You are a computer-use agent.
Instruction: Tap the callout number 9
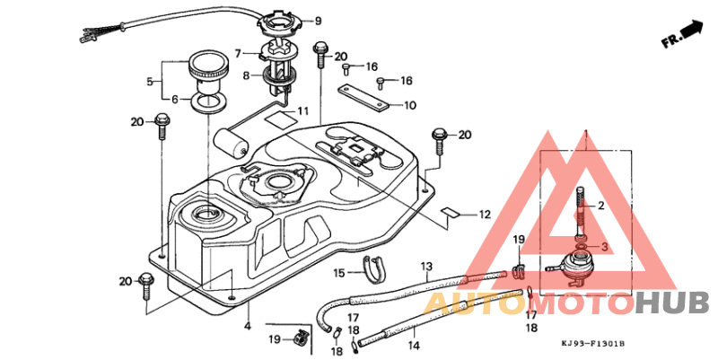click(317, 21)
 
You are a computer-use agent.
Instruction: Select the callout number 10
click(409, 105)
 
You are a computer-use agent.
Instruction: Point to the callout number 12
click(485, 215)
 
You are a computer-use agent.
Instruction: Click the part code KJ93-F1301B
click(593, 344)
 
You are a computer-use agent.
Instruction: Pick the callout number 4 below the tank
click(248, 326)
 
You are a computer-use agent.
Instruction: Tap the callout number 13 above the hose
click(427, 266)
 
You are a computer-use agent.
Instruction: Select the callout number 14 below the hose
click(415, 344)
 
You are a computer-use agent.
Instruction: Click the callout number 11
click(303, 112)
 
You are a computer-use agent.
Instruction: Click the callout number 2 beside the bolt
click(604, 206)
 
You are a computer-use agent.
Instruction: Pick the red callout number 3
click(604, 246)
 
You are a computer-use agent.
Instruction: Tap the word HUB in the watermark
click(672, 303)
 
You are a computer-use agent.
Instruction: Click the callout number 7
click(239, 53)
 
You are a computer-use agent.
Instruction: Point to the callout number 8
click(245, 75)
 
